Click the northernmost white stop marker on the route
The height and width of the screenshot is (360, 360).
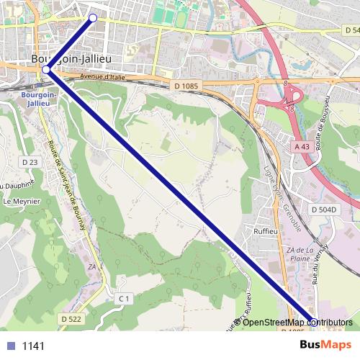click(x=93, y=17)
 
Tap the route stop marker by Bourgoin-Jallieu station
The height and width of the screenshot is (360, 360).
click(x=46, y=69)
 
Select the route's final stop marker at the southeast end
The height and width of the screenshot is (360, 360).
click(x=313, y=322)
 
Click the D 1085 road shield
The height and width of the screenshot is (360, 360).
click(x=186, y=86)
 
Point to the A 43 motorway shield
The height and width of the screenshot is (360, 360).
click(x=303, y=146)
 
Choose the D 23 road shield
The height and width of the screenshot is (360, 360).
click(x=30, y=163)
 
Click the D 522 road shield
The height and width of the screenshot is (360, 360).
click(x=71, y=318)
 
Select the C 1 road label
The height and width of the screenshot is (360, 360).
click(x=124, y=298)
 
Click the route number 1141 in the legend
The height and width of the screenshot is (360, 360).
click(x=33, y=346)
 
